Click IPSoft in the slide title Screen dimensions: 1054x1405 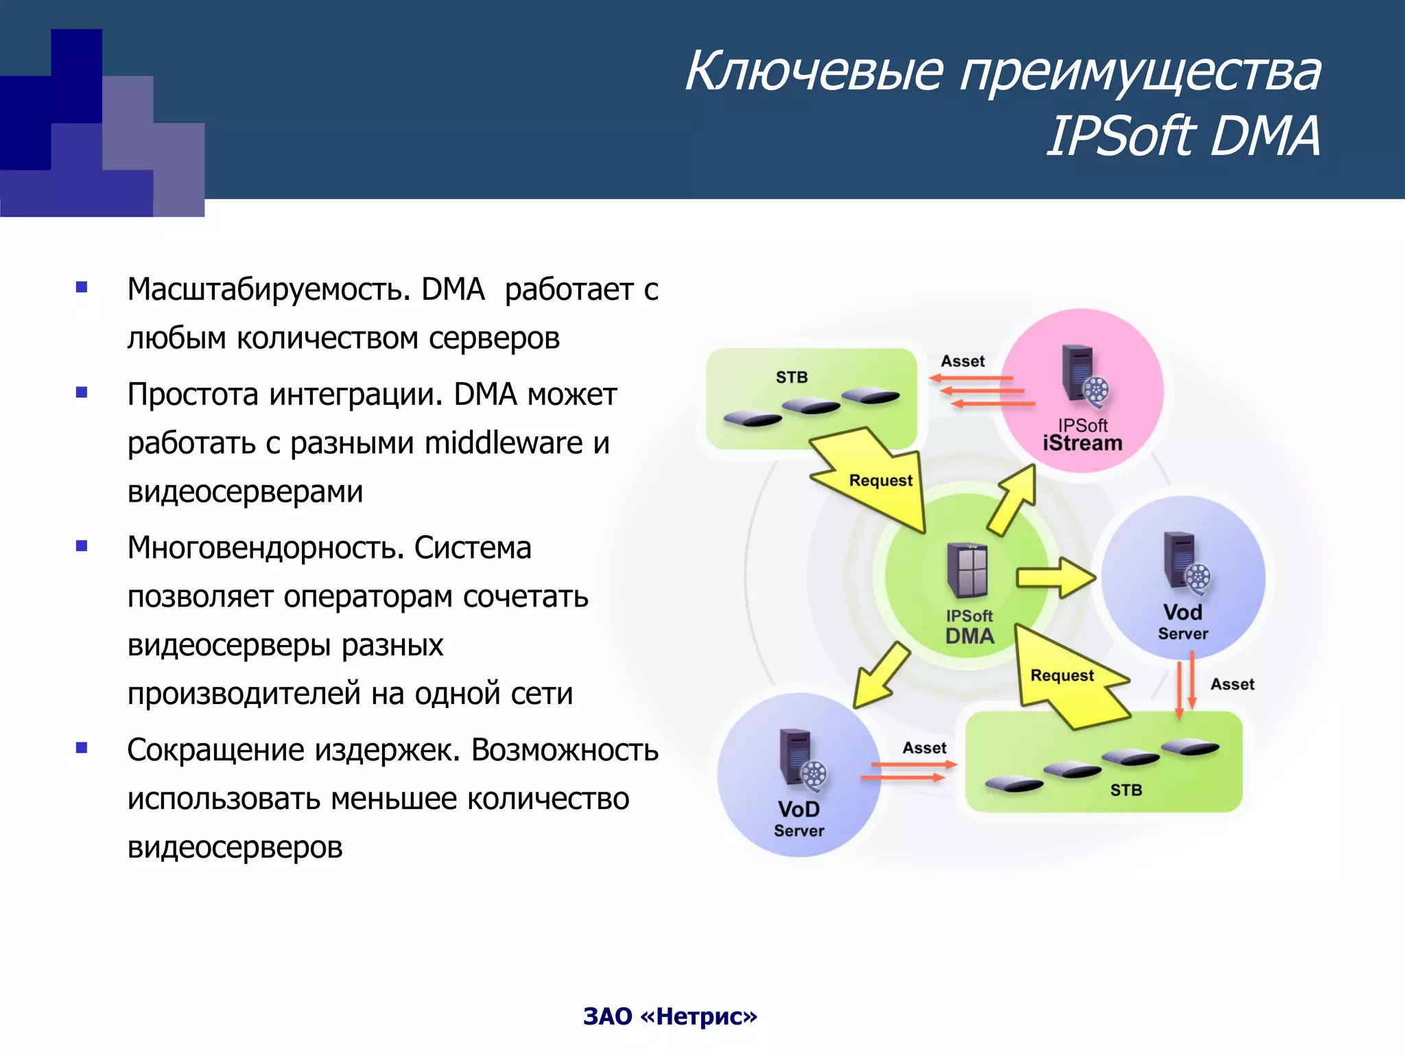[1121, 137]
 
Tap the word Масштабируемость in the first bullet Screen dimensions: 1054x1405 [268, 290]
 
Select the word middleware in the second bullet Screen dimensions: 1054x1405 [504, 443]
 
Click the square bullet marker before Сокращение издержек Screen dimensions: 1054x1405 [82, 748]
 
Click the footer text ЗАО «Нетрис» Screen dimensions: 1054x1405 [670, 1016]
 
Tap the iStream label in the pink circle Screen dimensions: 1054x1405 [1082, 443]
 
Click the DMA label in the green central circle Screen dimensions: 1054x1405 [969, 636]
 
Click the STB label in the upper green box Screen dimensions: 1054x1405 [792, 377]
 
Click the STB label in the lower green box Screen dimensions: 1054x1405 [1126, 790]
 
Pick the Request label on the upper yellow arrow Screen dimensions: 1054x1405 [880, 480]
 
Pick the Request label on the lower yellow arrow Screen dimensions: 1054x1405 [1062, 675]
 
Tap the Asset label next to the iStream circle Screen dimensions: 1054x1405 [963, 361]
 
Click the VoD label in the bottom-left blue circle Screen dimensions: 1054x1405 [799, 809]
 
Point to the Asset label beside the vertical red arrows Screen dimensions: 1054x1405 [1231, 684]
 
